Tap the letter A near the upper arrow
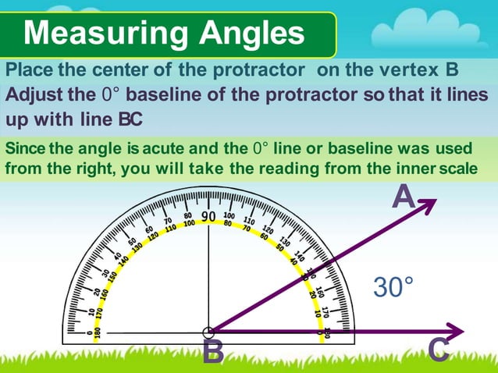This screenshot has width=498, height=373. pos(403,197)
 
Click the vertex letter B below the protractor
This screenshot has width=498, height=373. pos(212,353)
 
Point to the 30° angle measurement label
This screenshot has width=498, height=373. pos(393,286)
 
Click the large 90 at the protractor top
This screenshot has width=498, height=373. pos(208,216)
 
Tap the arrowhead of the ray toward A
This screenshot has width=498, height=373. pos(428,204)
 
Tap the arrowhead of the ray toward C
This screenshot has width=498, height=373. pos(455,331)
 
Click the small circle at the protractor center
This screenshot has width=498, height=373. pos(208,332)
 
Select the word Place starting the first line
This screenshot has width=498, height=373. pos(28,69)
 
